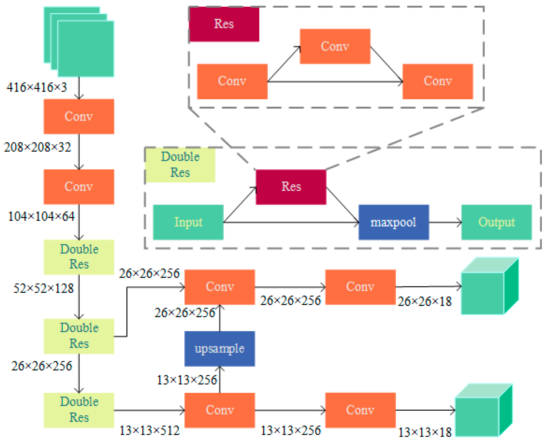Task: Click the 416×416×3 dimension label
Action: click(x=37, y=87)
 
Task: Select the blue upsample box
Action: click(x=220, y=349)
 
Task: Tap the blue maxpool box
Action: click(x=393, y=222)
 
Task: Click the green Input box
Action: click(x=188, y=222)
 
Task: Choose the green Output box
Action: click(x=496, y=222)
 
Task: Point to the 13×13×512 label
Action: click(x=150, y=430)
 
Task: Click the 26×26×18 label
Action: click(x=424, y=301)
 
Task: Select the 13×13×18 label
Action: click(x=425, y=432)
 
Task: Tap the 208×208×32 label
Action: click(x=37, y=147)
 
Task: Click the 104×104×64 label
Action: click(x=41, y=216)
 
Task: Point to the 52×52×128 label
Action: click(x=43, y=288)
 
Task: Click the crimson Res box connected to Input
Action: click(x=291, y=187)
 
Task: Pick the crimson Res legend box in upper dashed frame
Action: click(x=224, y=24)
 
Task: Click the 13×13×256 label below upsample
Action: click(x=187, y=380)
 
